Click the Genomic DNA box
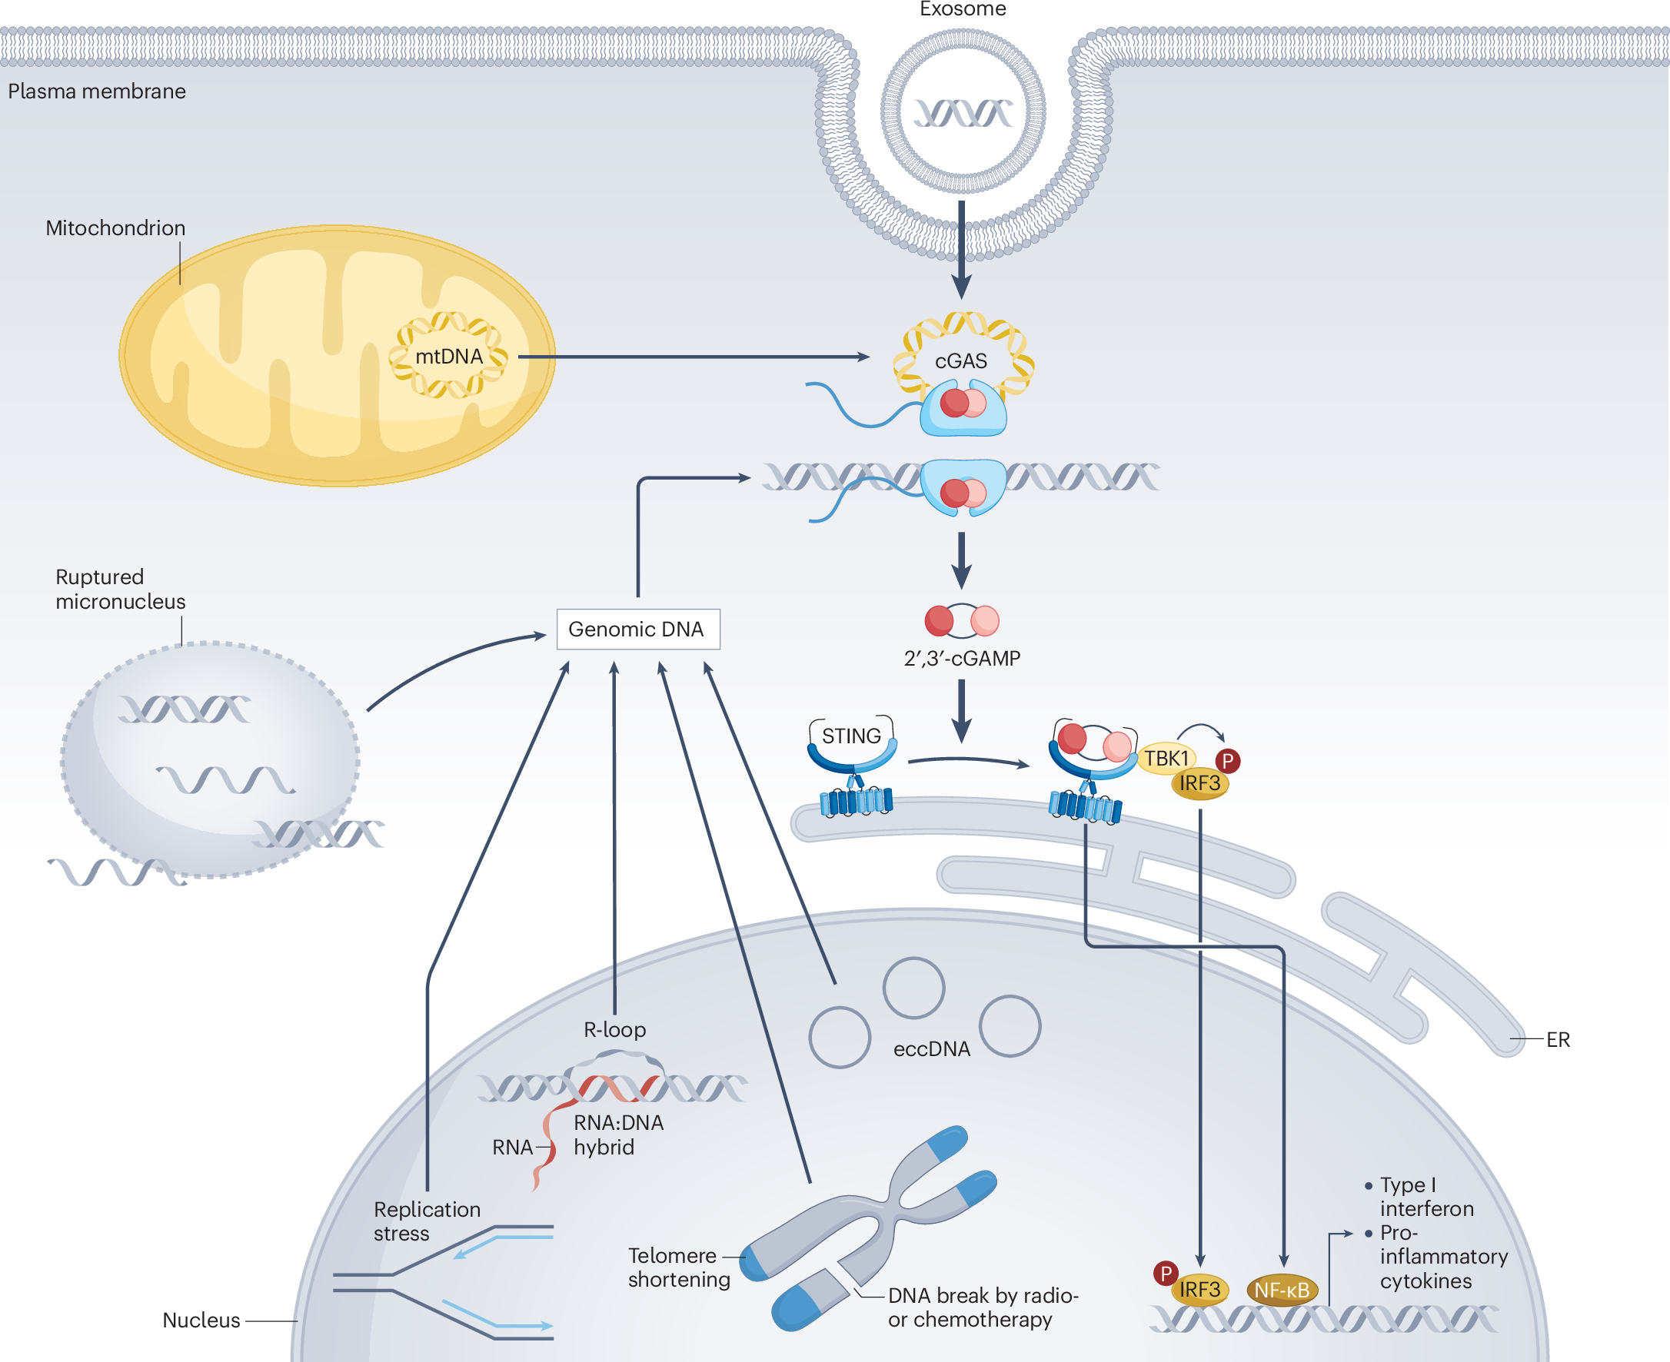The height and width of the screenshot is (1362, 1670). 637,630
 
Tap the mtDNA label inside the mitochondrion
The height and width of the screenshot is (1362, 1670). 449,357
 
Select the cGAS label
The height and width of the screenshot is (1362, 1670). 960,361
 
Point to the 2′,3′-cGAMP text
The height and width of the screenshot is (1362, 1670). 961,658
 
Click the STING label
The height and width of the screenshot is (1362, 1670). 850,736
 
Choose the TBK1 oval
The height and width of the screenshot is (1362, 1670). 1166,759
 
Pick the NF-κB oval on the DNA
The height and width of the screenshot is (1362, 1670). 1282,1290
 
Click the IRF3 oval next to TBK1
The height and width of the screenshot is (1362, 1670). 1199,783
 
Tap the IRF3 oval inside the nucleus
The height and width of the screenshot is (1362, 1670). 1199,1290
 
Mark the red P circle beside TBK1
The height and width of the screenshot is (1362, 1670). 1227,760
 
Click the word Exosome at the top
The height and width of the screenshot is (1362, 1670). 962,9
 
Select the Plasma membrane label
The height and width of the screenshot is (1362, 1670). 97,91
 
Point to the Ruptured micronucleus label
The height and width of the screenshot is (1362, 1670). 120,590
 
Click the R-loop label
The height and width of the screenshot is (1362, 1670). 614,1029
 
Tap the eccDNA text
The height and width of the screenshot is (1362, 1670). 932,1049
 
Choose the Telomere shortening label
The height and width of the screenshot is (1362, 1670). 679,1267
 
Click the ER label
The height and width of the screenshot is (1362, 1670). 1558,1039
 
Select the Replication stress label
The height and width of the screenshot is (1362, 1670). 426,1221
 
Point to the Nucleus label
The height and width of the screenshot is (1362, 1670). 201,1320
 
